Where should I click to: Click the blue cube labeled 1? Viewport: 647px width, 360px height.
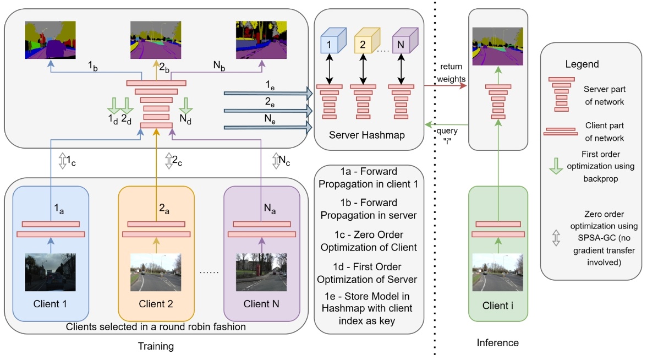[328, 42]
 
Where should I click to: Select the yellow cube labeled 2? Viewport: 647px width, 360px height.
[364, 42]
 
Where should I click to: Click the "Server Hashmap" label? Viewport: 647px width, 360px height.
[368, 135]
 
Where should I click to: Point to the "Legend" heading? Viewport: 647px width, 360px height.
[582, 64]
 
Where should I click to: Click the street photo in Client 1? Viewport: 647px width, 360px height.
[50, 272]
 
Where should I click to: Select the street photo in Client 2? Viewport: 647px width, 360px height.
[156, 272]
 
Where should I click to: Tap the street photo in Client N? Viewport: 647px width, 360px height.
[261, 272]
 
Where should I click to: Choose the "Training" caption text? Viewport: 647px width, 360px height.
[157, 347]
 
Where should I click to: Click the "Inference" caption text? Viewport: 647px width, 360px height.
[497, 342]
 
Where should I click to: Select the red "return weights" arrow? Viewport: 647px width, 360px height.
[445, 86]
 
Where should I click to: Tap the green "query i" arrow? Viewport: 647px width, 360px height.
[445, 124]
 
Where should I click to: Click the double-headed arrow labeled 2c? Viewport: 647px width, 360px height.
[168, 161]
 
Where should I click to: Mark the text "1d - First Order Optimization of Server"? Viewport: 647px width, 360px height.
[368, 274]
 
